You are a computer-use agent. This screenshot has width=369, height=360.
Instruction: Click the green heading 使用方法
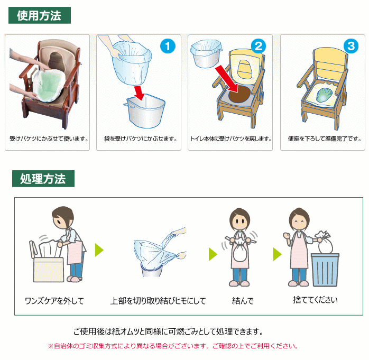[x=40, y=15]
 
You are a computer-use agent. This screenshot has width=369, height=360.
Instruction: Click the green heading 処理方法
[x=43, y=179]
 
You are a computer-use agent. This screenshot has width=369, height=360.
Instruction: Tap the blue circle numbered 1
[x=168, y=46]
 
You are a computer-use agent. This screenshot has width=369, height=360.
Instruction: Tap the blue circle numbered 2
[x=259, y=46]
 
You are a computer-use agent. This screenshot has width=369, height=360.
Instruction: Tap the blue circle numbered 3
[x=351, y=46]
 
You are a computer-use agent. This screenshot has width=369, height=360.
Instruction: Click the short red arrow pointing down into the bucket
[x=139, y=93]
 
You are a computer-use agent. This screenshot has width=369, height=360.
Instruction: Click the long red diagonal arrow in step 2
[x=226, y=78]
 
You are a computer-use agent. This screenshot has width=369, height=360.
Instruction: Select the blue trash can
[x=325, y=270]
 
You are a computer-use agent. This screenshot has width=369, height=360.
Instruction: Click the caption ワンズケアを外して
[x=54, y=301]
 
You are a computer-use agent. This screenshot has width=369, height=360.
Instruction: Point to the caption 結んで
[x=243, y=301]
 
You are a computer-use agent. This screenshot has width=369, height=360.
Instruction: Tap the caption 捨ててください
[x=316, y=300]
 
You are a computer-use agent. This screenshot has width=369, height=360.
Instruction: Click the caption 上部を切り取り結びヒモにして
[x=158, y=301]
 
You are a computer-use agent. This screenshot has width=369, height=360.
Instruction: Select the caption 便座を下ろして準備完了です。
[x=325, y=139]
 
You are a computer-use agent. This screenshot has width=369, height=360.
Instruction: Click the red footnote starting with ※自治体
[x=173, y=346]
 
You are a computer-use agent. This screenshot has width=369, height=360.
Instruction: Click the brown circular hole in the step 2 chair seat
[x=239, y=94]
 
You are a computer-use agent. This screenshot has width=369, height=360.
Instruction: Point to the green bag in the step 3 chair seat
[x=324, y=95]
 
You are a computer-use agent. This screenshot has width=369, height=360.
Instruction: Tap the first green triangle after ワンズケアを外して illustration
[x=99, y=250]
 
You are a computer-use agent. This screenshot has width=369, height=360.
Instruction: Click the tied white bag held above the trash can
[x=325, y=243]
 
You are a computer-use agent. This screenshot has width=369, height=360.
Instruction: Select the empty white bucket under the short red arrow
[x=145, y=111]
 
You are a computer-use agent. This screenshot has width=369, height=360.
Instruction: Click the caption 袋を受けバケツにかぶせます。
[x=141, y=139]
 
